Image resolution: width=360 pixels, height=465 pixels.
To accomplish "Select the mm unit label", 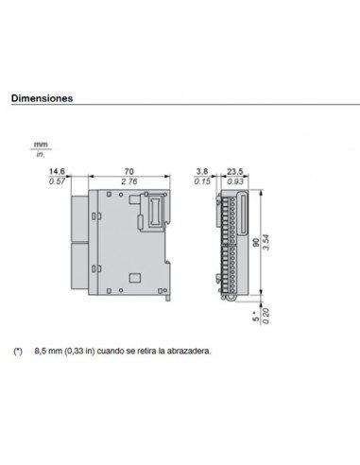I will pyautogui.click(x=41, y=145).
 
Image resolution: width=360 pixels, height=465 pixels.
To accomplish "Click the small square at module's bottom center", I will pyautogui.click(x=133, y=278).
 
